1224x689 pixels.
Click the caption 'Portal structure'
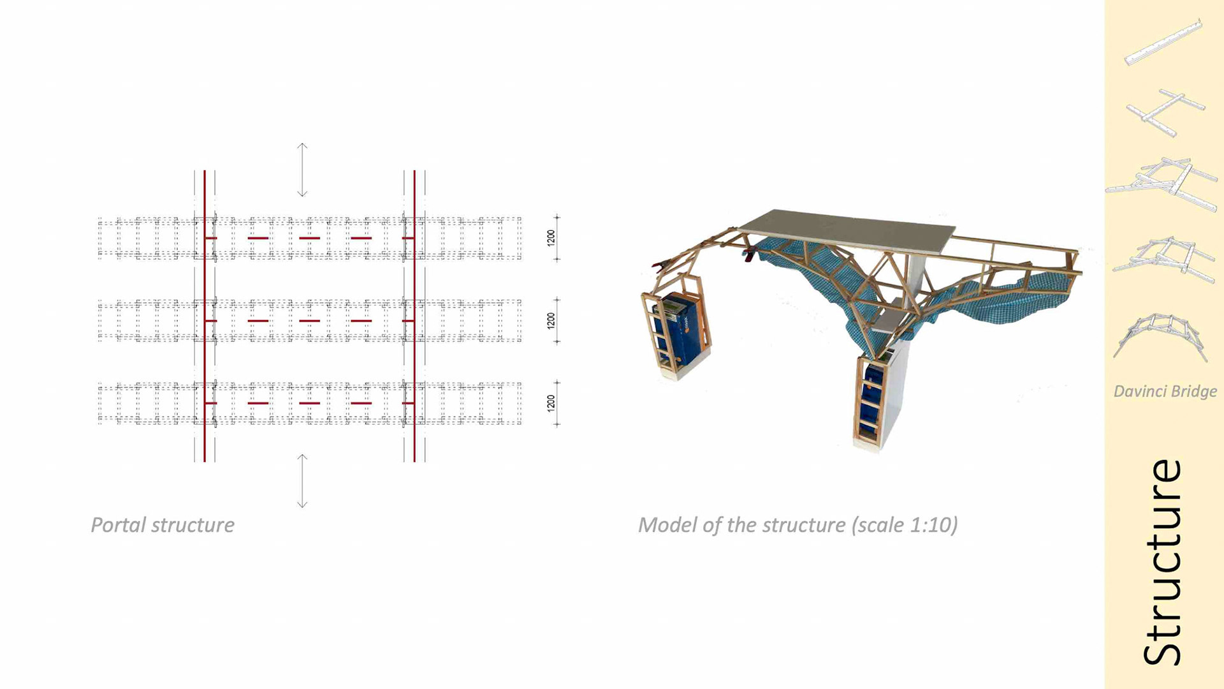pyautogui.click(x=163, y=525)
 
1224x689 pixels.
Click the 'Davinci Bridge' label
pyautogui.click(x=1165, y=391)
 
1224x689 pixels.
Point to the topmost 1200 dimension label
pyautogui.click(x=551, y=238)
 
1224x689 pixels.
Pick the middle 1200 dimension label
pyautogui.click(x=551, y=321)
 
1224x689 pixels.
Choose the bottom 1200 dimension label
pyautogui.click(x=551, y=403)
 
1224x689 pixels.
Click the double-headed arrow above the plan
pyautogui.click(x=302, y=170)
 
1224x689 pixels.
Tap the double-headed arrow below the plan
pyautogui.click(x=302, y=481)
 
